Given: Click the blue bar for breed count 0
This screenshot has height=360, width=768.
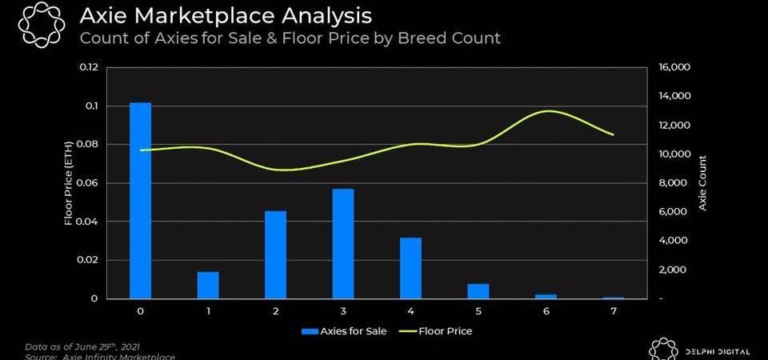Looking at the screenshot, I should (x=140, y=200).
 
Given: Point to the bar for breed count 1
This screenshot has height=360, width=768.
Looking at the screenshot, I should (x=208, y=285).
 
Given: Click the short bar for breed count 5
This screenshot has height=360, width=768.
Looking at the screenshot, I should (x=478, y=291).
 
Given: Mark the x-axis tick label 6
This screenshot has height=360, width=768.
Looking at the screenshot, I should (x=546, y=310).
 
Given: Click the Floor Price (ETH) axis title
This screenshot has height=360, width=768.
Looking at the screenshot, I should (x=70, y=183).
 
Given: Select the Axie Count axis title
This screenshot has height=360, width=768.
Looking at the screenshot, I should (x=702, y=183).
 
